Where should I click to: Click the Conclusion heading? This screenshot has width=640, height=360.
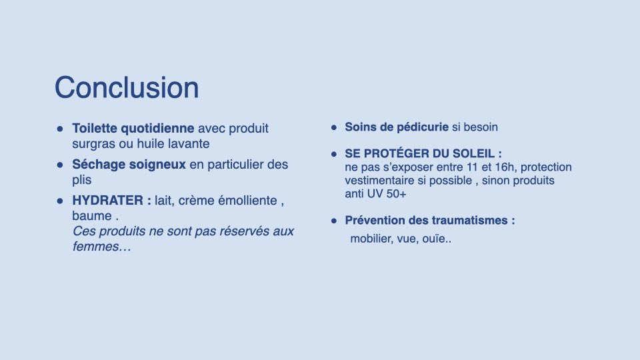tap(127, 88)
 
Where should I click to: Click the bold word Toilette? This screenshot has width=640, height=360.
tap(95, 128)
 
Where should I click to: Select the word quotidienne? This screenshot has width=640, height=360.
tap(157, 129)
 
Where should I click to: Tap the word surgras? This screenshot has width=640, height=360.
tap(93, 144)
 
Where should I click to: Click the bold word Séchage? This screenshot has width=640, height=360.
tap(99, 165)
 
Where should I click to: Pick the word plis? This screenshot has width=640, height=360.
tap(81, 180)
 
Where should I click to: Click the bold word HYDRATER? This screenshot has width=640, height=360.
tap(108, 201)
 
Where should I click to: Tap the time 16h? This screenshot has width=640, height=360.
tap(506, 167)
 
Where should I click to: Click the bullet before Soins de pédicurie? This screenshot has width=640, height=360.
tap(334, 128)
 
